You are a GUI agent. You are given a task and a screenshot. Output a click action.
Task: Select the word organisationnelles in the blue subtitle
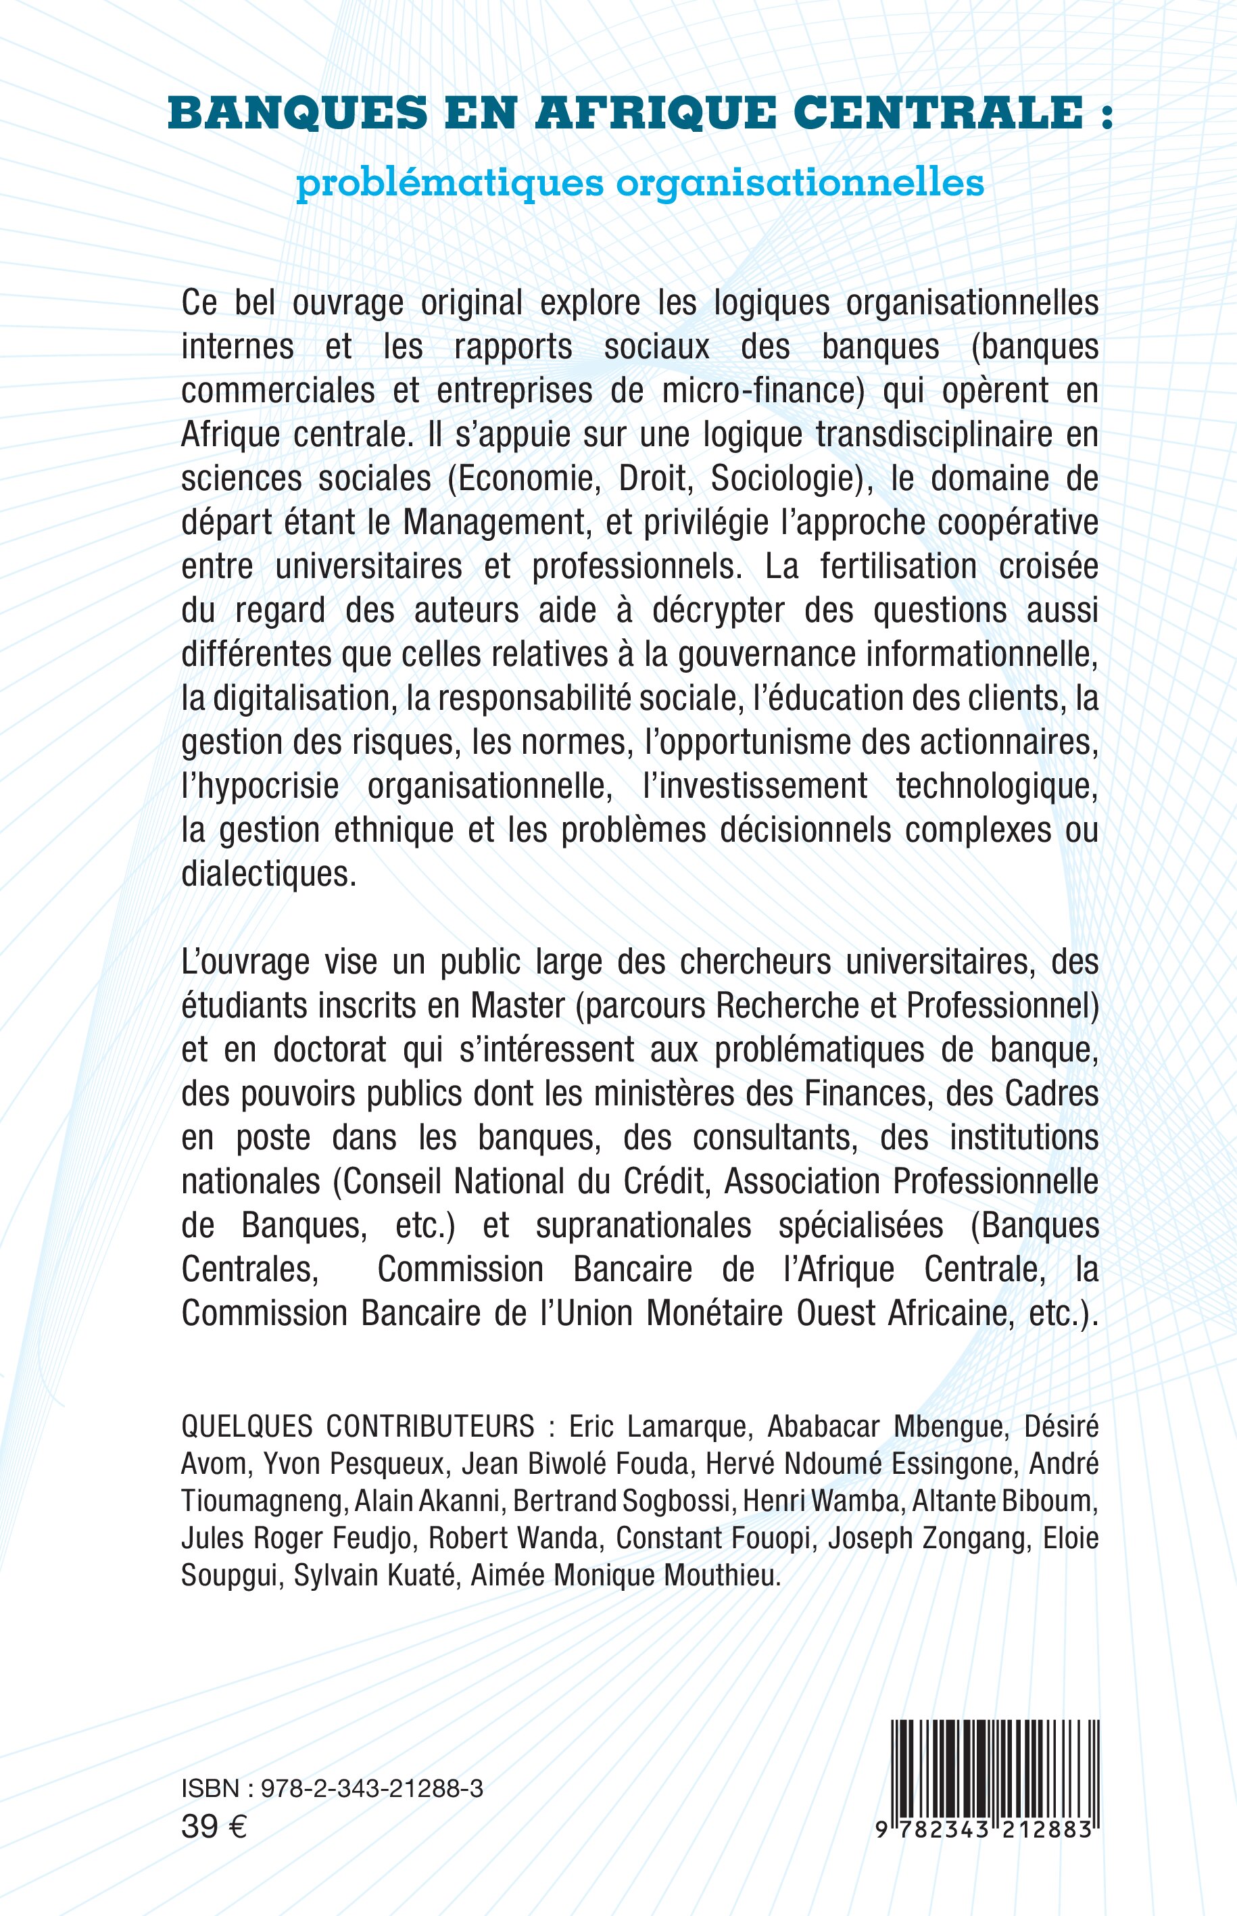(x=800, y=183)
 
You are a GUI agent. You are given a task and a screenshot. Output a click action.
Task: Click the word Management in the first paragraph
(x=493, y=523)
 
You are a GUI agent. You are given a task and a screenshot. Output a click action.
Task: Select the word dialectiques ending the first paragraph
(x=268, y=874)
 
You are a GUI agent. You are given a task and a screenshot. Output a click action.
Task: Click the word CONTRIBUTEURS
(x=430, y=1427)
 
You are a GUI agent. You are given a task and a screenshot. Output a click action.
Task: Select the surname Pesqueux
(x=394, y=1464)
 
